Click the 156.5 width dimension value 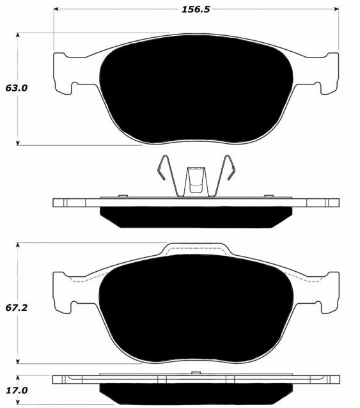[x=196, y=10]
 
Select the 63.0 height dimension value [x=17, y=88]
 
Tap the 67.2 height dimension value [x=17, y=308]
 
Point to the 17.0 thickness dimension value [x=17, y=390]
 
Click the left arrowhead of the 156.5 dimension [x=56, y=9]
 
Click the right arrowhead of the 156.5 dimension [x=336, y=9]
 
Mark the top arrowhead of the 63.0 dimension [x=18, y=35]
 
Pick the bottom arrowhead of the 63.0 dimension [x=18, y=143]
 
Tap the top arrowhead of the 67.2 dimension [x=18, y=245]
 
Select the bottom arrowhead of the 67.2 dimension [x=18, y=361]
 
